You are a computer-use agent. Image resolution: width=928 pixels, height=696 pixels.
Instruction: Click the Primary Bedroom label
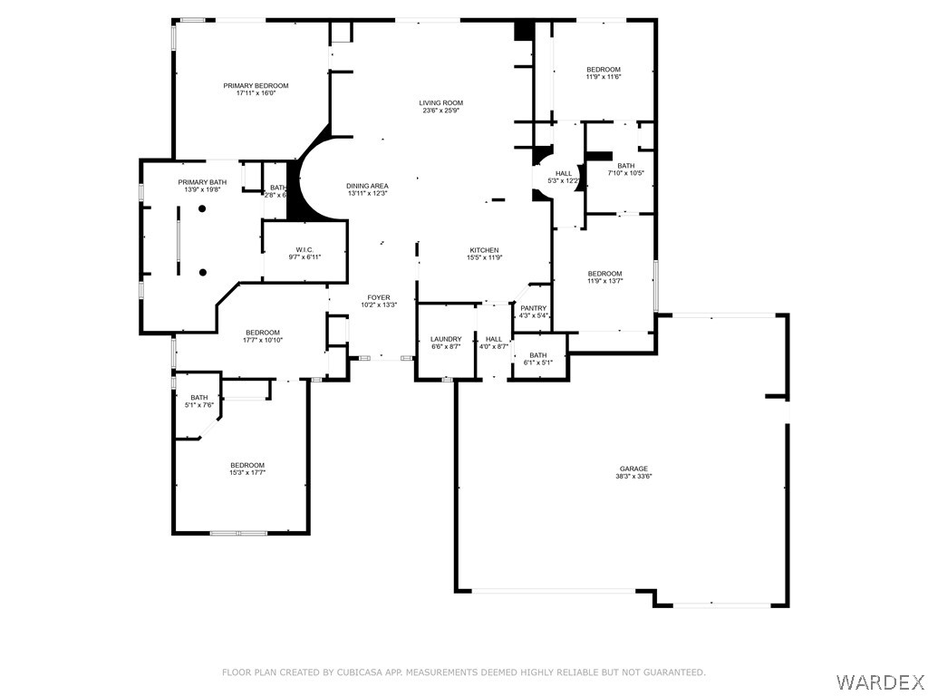(x=256, y=86)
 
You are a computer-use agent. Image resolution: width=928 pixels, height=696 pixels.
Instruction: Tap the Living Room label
(x=440, y=103)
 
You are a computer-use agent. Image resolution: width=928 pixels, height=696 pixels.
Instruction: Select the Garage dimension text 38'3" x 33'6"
(x=633, y=477)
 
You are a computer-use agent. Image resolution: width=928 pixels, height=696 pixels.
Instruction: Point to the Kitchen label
(x=484, y=250)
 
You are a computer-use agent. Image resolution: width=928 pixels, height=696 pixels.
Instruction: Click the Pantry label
(x=533, y=308)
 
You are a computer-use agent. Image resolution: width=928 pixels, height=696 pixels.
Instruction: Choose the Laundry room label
(x=446, y=339)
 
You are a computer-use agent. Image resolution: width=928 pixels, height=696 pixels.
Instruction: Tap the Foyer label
(x=378, y=297)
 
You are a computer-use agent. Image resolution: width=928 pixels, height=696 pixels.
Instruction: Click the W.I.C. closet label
(x=304, y=250)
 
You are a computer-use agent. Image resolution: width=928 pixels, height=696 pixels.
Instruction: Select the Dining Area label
(x=367, y=186)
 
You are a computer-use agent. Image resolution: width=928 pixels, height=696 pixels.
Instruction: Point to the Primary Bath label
(x=202, y=183)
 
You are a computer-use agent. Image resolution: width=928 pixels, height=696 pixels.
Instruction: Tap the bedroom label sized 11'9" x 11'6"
(x=604, y=70)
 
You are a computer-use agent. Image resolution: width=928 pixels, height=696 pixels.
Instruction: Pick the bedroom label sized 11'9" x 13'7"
(x=604, y=274)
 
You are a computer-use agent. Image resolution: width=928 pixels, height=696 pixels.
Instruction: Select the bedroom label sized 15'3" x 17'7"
(x=246, y=465)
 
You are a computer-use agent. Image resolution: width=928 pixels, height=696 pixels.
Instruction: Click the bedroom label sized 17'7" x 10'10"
(x=262, y=333)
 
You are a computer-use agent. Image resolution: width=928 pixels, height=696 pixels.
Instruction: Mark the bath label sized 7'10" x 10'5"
(x=626, y=166)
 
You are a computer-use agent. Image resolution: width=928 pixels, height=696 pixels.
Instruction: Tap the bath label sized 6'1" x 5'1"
(x=538, y=355)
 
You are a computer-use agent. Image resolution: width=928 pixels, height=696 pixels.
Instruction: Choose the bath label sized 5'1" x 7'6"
(x=199, y=397)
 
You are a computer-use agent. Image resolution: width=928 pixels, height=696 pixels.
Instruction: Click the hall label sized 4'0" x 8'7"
(x=493, y=339)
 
